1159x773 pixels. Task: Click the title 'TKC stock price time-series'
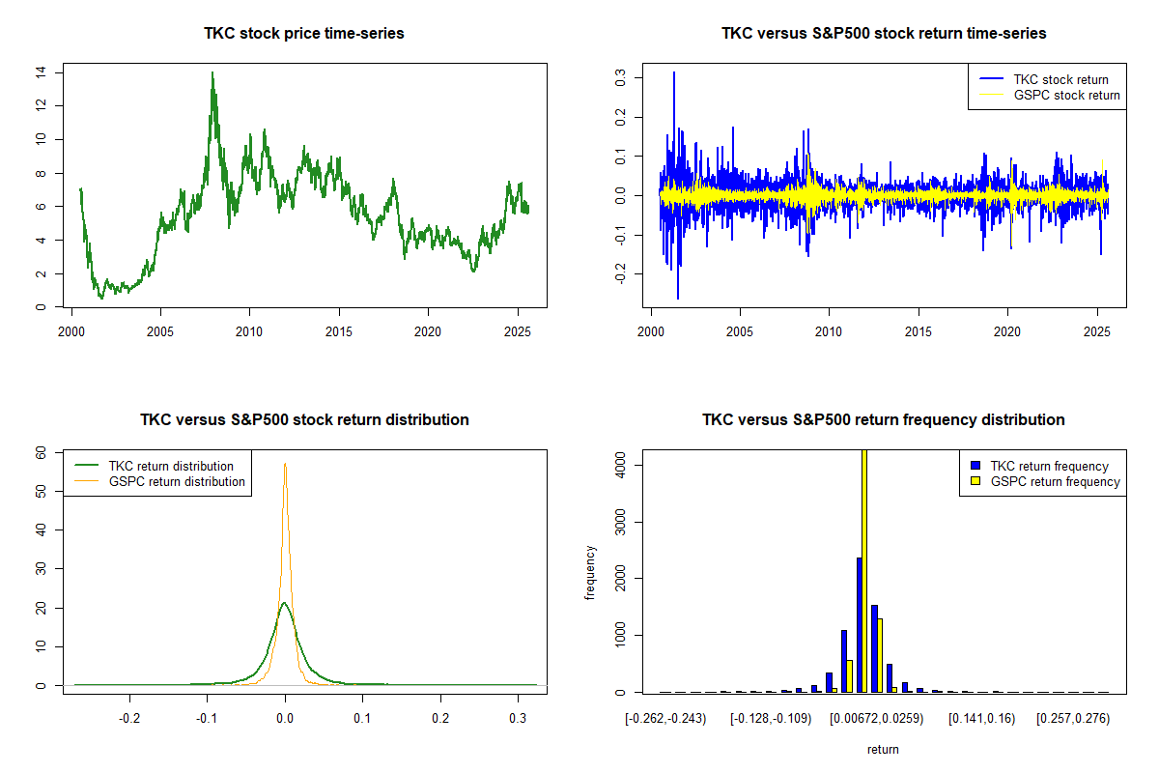[x=303, y=34]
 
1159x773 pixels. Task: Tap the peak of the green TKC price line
[x=212, y=73]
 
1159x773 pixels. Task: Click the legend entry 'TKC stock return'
[x=1060, y=79]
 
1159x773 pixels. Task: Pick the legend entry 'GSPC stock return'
[x=1066, y=95]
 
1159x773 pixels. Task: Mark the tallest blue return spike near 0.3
[x=674, y=73]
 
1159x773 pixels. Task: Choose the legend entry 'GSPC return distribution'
[x=177, y=481]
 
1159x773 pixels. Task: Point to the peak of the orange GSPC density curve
[x=285, y=465]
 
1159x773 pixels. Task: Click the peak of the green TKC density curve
[x=284, y=603]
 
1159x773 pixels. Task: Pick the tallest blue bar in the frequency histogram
[x=859, y=624]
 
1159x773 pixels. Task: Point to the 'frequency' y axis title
[x=590, y=573]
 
